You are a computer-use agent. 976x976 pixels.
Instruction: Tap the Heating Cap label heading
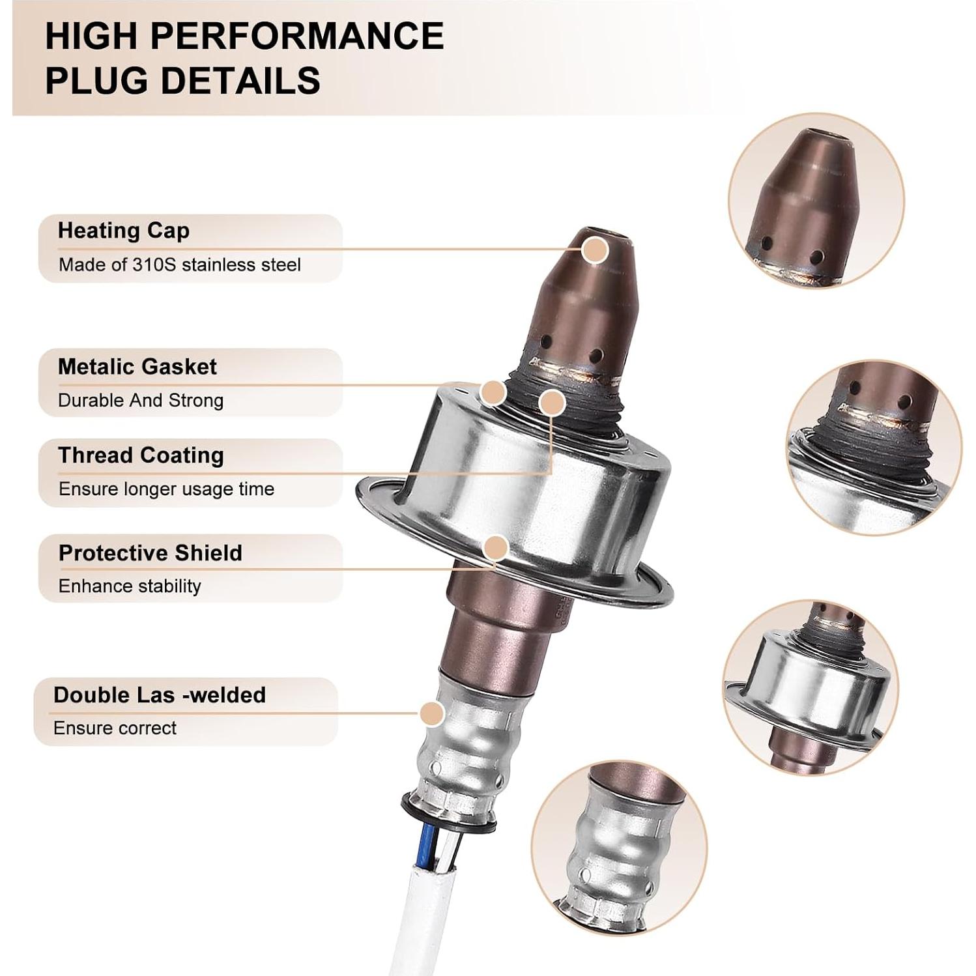click(123, 231)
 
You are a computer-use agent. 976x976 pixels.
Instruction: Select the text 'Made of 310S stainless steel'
click(179, 265)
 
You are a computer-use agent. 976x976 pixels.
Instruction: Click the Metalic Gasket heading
click(137, 367)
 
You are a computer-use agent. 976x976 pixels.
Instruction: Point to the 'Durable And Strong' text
click(140, 400)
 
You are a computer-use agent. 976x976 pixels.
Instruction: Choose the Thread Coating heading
click(140, 455)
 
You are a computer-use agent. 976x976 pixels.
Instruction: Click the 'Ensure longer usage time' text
click(166, 489)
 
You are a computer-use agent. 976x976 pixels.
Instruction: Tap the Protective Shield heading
click(150, 553)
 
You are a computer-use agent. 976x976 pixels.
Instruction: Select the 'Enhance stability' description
click(129, 586)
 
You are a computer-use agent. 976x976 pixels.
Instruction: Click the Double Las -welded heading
click(159, 695)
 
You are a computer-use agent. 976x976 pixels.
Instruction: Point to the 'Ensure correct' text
click(115, 728)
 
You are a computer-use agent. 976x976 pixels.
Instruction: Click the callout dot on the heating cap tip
click(594, 250)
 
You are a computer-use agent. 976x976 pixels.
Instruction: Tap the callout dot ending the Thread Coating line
click(552, 403)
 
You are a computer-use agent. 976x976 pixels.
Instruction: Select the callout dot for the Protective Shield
click(496, 548)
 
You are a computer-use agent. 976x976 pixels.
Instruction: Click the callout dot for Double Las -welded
click(432, 713)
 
